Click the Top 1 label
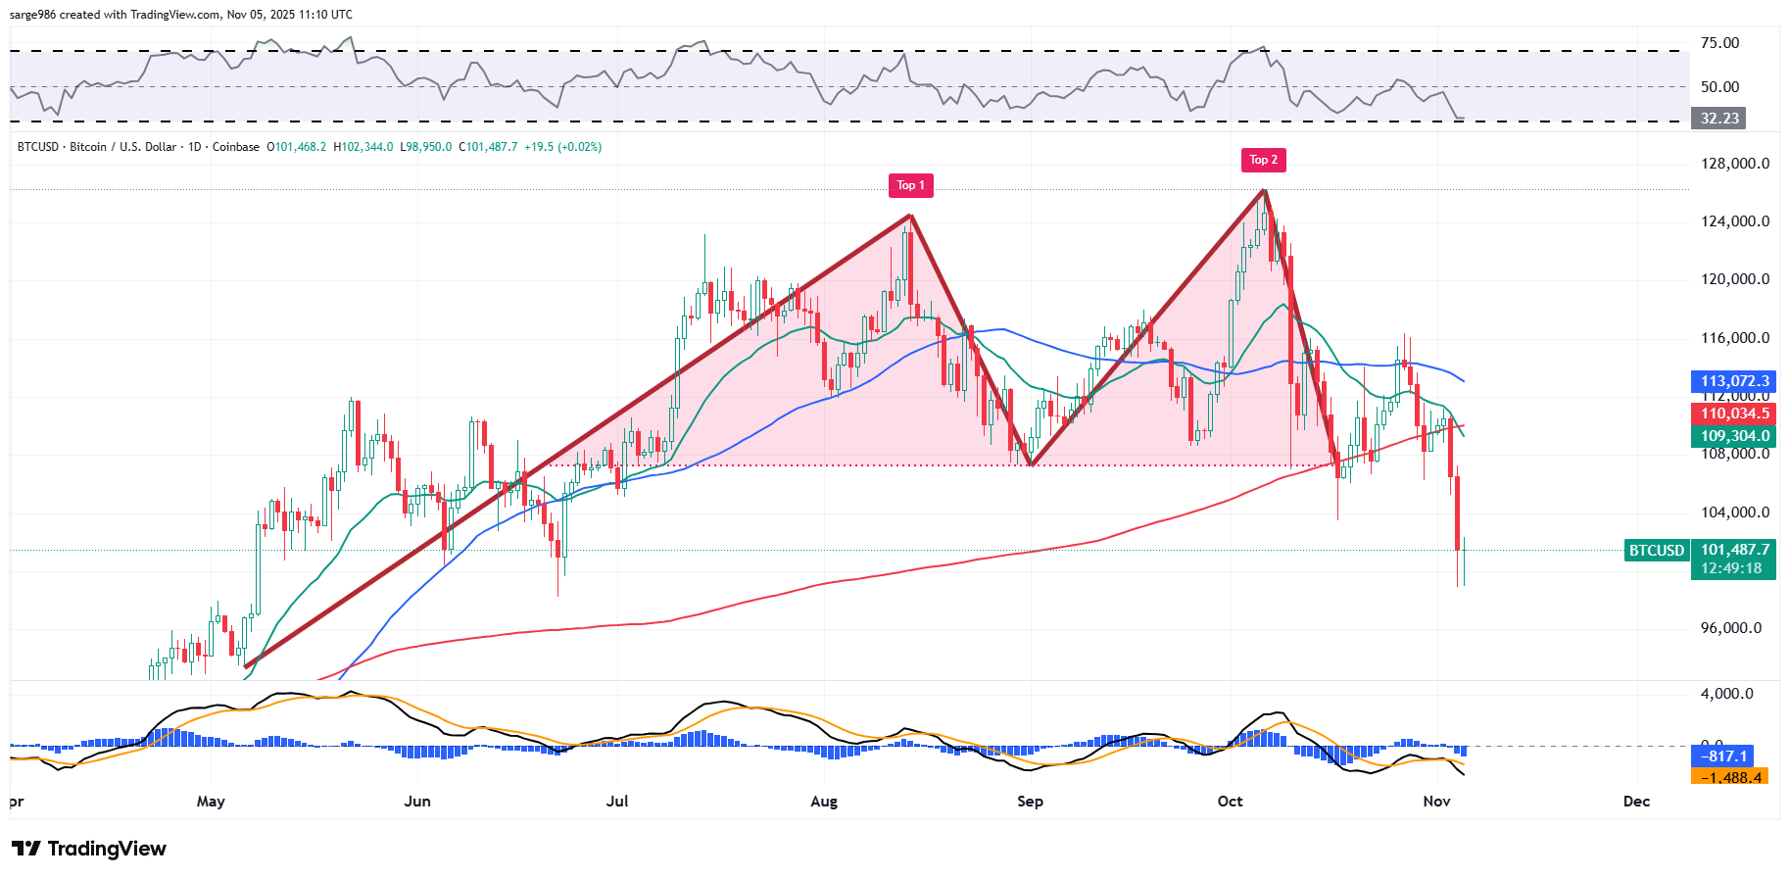click(x=910, y=185)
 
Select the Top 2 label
click(x=1263, y=160)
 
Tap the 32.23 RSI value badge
click(x=1719, y=119)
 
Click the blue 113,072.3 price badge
click(x=1734, y=381)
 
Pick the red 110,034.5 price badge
click(x=1734, y=414)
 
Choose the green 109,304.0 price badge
click(x=1734, y=436)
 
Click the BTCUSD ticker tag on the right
click(x=1657, y=551)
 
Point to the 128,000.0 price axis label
click(x=1734, y=164)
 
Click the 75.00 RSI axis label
click(x=1719, y=43)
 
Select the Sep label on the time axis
click(x=1030, y=802)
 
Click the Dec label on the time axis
click(x=1636, y=802)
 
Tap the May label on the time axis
click(x=211, y=802)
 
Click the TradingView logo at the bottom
click(x=89, y=849)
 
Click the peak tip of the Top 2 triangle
click(x=1264, y=189)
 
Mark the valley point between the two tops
click(x=1032, y=465)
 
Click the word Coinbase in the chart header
click(x=236, y=147)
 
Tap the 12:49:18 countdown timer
click(x=1732, y=568)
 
